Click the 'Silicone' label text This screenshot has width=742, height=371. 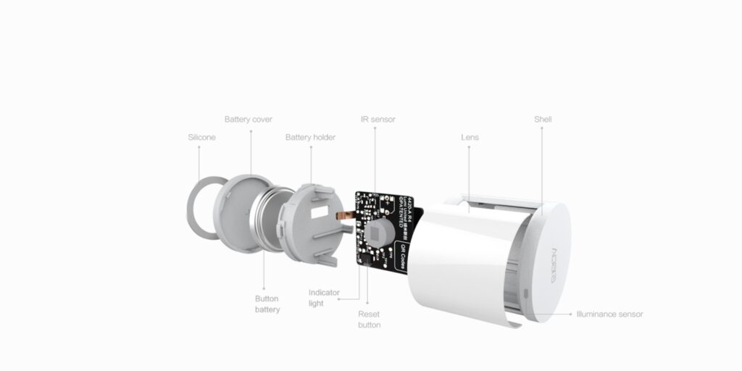coord(201,137)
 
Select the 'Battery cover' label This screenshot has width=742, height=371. coord(248,119)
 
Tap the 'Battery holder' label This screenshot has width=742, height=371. coord(310,137)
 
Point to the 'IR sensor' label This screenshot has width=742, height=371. coord(378,119)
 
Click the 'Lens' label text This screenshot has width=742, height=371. coord(470,137)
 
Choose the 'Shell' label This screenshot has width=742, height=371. coord(542,119)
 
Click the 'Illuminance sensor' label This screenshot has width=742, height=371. coord(609,314)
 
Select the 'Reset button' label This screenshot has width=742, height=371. coord(369,320)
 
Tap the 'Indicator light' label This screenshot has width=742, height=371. coord(323,298)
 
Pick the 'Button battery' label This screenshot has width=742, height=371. coord(267,304)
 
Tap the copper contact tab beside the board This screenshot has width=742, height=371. coord(349,214)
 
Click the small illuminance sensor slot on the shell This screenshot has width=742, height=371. coord(526,294)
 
